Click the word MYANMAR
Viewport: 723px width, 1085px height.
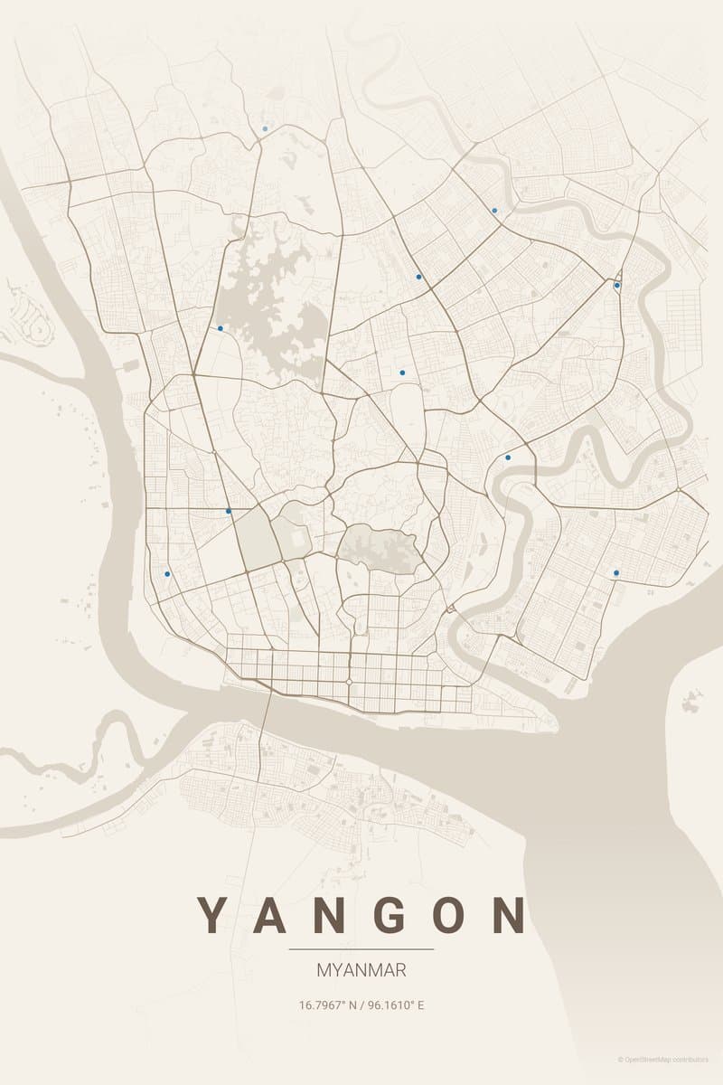[x=361, y=970]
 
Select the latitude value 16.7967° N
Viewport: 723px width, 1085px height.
[x=326, y=1005]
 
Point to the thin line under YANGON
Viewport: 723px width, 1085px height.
[x=361, y=949]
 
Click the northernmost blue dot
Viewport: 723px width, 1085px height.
[x=265, y=128]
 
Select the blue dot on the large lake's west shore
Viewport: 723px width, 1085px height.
[x=220, y=328]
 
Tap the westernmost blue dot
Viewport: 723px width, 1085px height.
[x=167, y=573]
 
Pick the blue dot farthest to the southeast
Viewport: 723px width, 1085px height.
[x=616, y=572]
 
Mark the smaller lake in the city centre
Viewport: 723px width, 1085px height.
[x=378, y=545]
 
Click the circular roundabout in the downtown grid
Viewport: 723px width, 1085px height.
[x=349, y=681]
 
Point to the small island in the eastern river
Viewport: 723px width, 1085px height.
[x=691, y=699]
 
